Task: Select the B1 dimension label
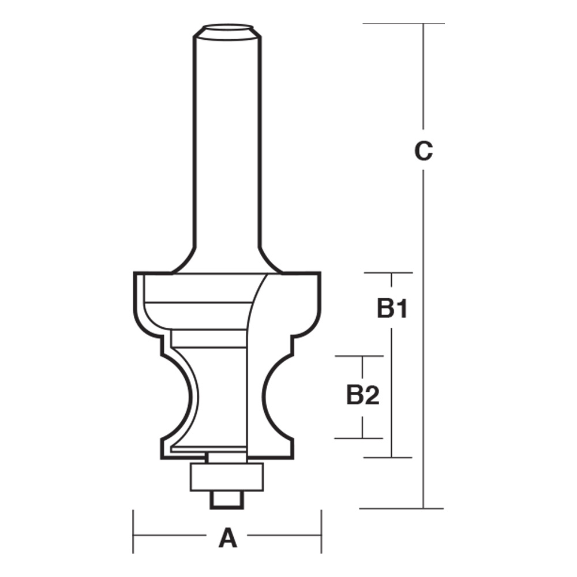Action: [x=392, y=309]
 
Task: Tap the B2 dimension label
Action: [x=362, y=396]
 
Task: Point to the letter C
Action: [x=424, y=151]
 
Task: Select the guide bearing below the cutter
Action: [x=227, y=475]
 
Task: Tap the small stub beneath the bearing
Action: [x=227, y=499]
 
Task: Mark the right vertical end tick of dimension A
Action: [x=321, y=531]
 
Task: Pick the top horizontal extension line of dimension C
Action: [x=404, y=24]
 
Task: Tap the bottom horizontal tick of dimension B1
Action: [x=388, y=458]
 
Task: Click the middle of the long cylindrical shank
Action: [x=226, y=144]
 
